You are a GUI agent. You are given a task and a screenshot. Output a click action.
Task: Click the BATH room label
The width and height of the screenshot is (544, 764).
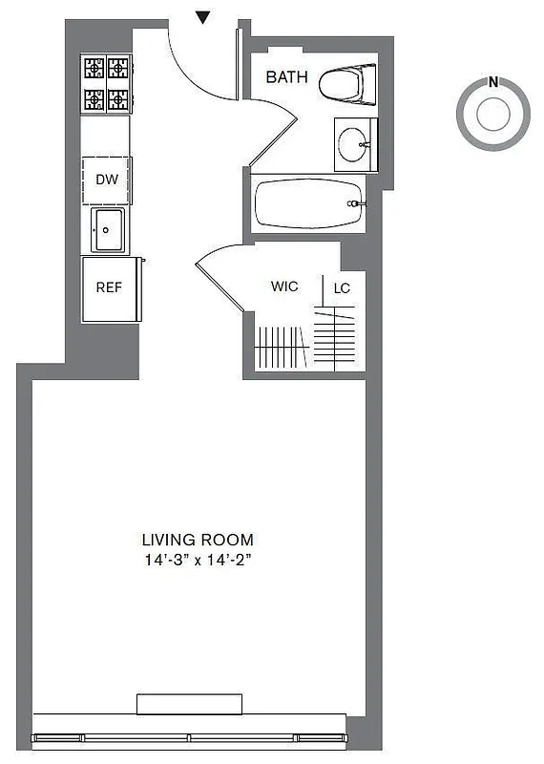[286, 77]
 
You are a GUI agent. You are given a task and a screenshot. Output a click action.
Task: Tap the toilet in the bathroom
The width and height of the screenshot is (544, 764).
[345, 83]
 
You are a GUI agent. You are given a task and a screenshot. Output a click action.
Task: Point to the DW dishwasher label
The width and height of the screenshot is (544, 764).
[106, 179]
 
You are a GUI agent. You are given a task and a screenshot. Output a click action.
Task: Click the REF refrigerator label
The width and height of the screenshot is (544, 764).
[107, 286]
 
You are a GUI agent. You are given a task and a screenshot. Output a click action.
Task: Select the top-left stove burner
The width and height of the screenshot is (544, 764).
[94, 68]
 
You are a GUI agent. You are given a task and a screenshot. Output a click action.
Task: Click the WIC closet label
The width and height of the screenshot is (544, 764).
[284, 286]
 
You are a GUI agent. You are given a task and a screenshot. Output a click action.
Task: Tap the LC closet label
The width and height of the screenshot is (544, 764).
[341, 286]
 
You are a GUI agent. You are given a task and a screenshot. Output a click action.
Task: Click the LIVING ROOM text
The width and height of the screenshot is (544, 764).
[198, 540]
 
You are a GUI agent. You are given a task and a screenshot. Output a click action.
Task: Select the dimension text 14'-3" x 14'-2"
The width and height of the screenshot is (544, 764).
[198, 561]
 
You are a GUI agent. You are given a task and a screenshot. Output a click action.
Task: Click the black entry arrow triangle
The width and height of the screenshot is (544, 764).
[202, 16]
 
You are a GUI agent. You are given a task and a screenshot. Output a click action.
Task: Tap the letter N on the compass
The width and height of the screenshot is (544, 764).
[492, 82]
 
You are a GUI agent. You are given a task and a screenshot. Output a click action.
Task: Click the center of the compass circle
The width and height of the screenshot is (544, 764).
[492, 116]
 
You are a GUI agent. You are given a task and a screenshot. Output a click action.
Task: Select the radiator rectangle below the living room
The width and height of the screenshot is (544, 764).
[189, 704]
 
